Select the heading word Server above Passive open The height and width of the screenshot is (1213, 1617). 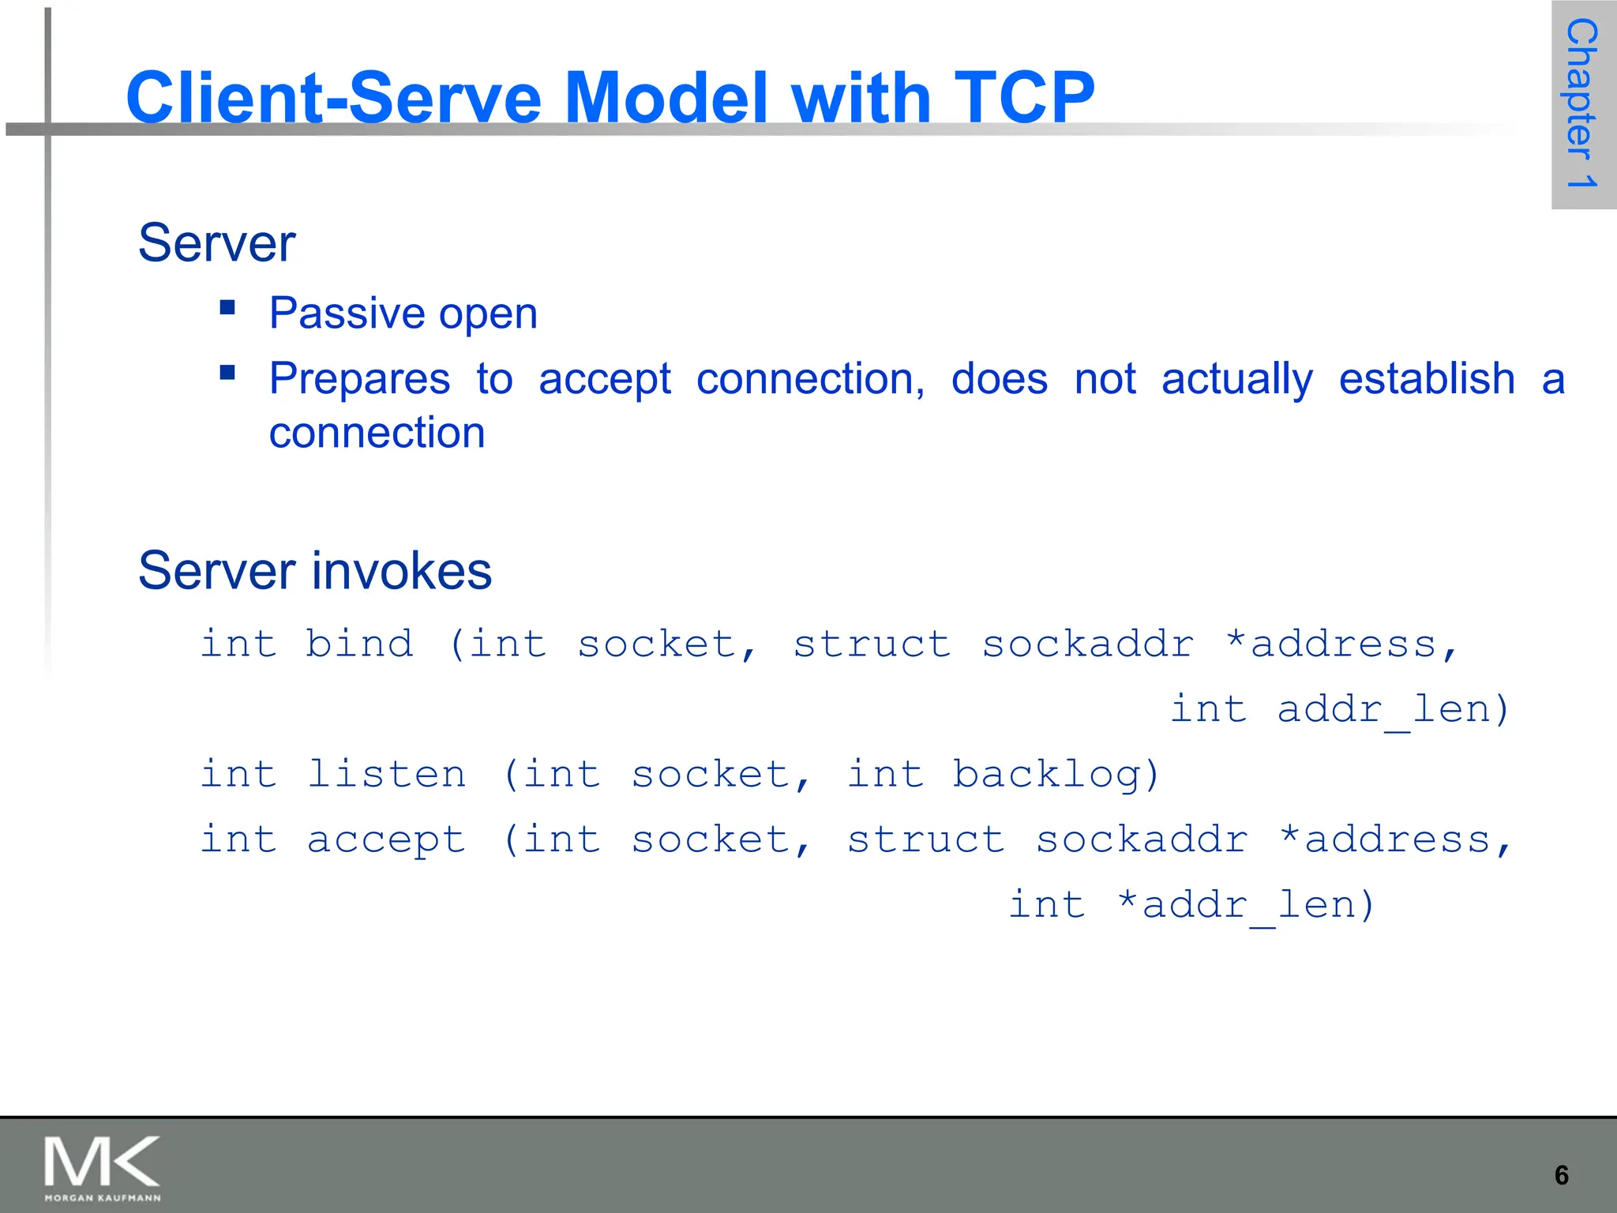tap(216, 242)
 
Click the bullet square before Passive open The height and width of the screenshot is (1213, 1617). tap(228, 307)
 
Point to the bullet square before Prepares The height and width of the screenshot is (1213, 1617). tap(228, 372)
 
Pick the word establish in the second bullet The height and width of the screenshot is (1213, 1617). tap(1427, 378)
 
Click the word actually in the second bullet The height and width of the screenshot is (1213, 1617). tap(1236, 380)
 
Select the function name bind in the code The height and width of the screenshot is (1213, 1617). tap(359, 644)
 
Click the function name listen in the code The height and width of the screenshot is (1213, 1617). tap(386, 773)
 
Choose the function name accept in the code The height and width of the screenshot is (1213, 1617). tap(386, 839)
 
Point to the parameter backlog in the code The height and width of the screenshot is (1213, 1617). tap(1055, 774)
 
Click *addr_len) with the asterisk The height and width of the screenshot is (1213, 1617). tap(1247, 905)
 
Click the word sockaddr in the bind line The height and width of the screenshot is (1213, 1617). tap(1087, 644)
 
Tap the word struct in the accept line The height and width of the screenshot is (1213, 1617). tap(925, 839)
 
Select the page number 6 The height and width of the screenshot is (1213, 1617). tap(1561, 1176)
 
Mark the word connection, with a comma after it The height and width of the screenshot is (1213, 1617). tap(810, 380)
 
